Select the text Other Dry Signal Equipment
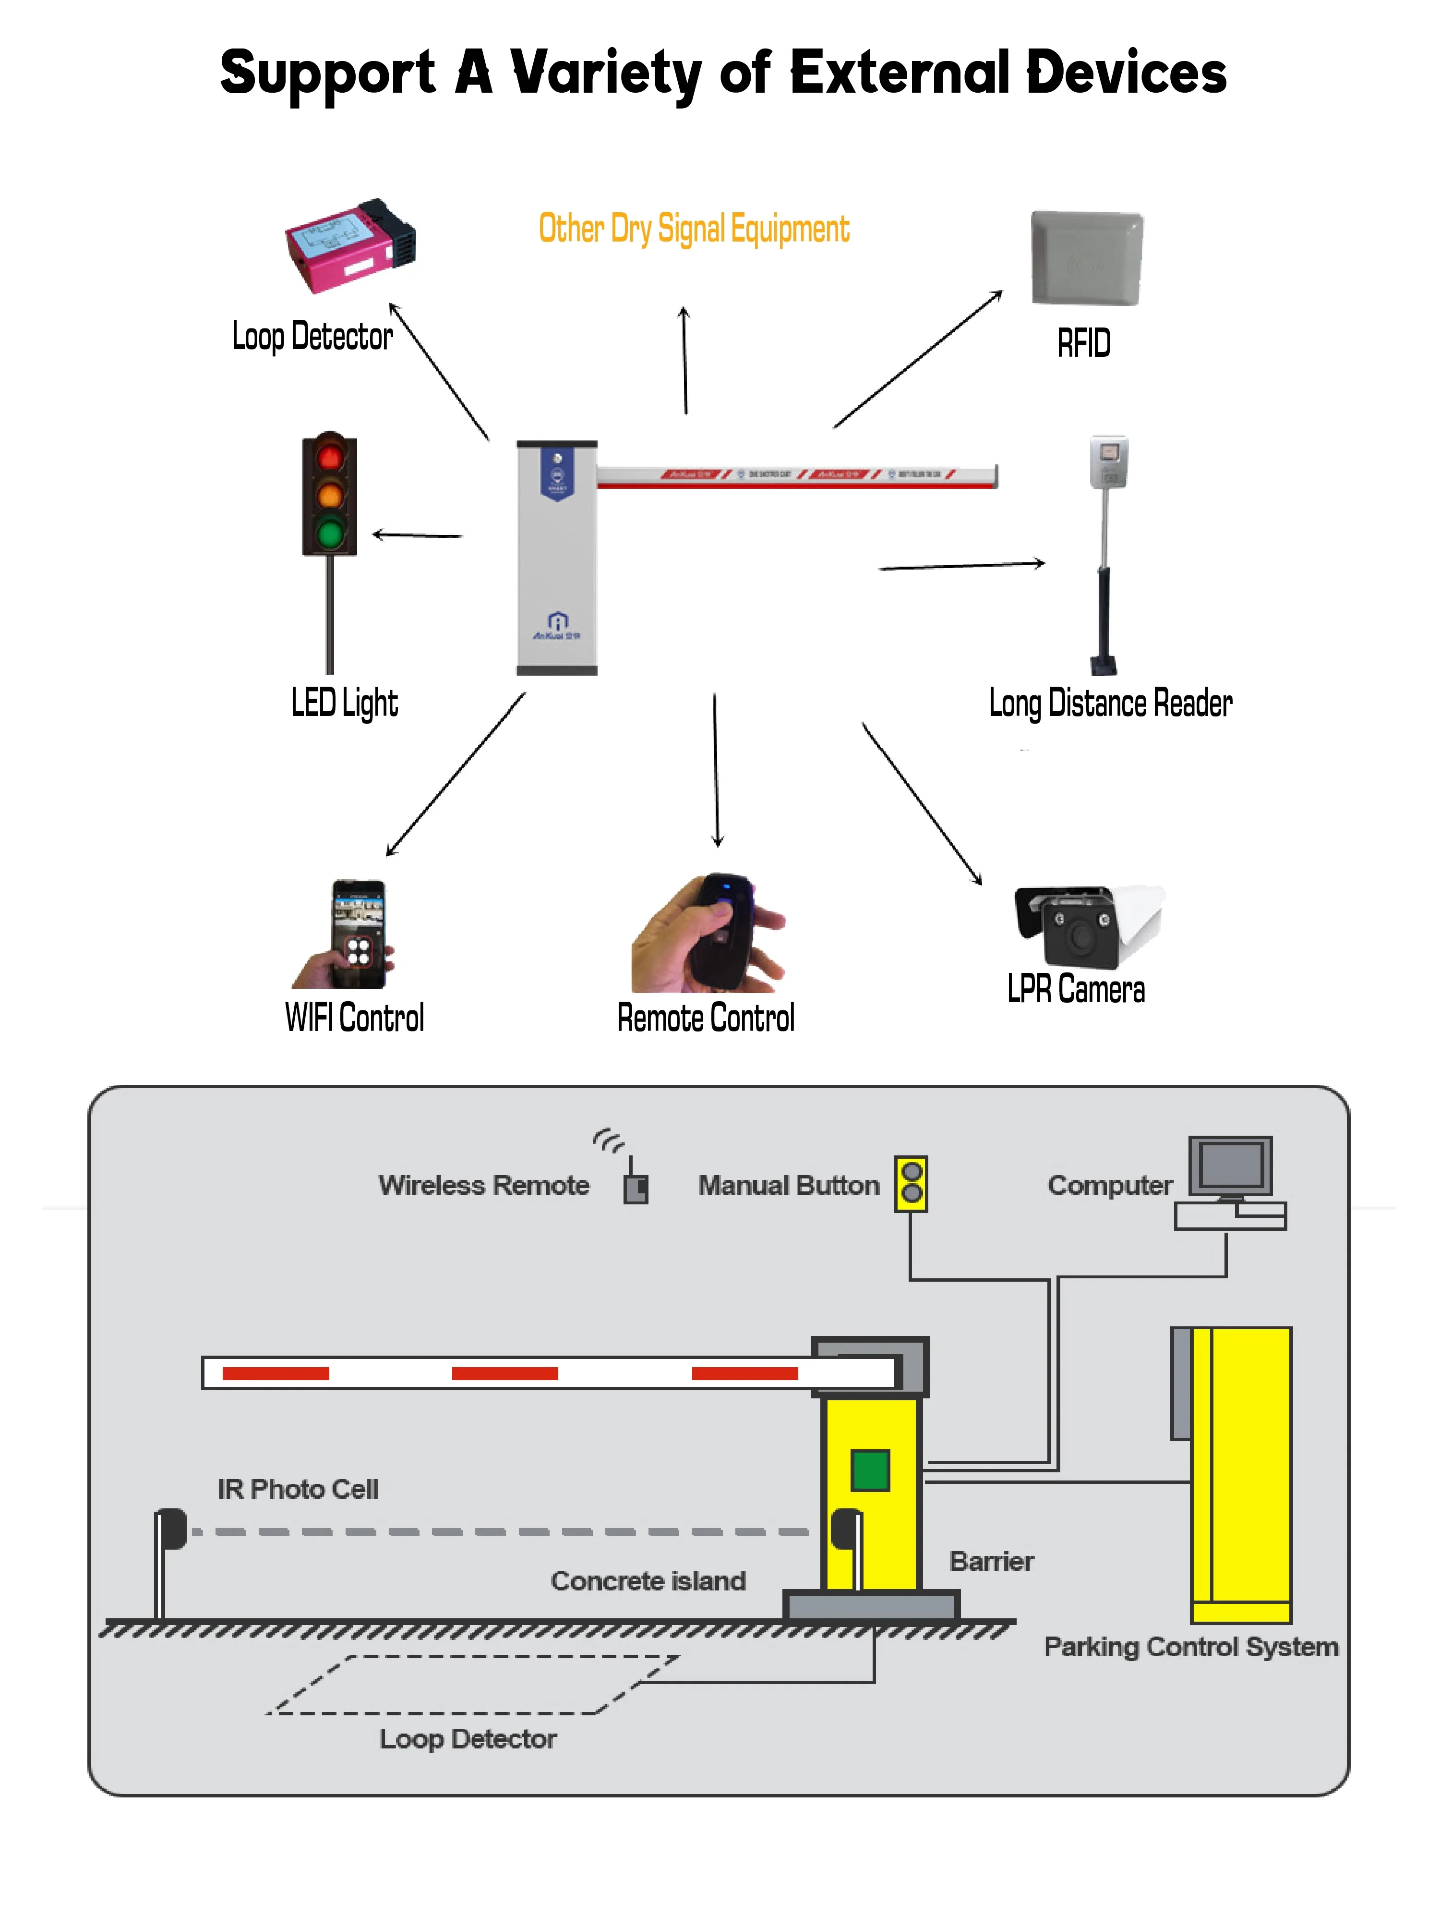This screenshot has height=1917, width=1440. click(x=693, y=229)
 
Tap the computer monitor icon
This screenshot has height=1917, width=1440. click(x=1229, y=1165)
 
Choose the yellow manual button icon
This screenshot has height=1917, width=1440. click(x=911, y=1182)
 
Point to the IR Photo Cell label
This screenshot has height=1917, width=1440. click(x=297, y=1489)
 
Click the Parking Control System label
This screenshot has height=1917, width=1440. click(x=1190, y=1647)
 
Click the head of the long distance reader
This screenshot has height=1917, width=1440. click(x=1108, y=461)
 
